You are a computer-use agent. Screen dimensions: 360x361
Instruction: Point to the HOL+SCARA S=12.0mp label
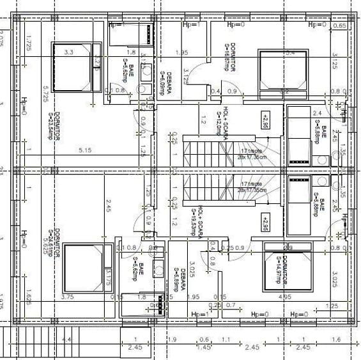pyautogui.click(x=222, y=121)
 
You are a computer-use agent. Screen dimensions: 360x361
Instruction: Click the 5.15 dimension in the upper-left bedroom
pyautogui.click(x=85, y=150)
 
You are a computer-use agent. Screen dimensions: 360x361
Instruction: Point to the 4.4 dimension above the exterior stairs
pyautogui.click(x=66, y=339)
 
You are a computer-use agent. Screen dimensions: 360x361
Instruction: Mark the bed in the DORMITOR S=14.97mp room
pyautogui.click(x=285, y=272)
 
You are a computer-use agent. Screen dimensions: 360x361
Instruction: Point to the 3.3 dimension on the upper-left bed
pyautogui.click(x=68, y=52)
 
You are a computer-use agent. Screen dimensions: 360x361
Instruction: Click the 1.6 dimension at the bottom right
pyautogui.click(x=337, y=339)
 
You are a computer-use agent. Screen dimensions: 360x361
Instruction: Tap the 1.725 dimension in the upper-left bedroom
pyautogui.click(x=29, y=43)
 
